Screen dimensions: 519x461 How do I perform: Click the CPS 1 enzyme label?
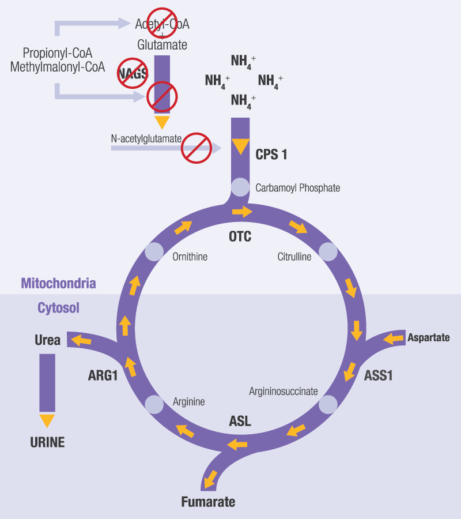coord(271,155)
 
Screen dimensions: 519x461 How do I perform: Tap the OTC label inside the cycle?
coord(240,236)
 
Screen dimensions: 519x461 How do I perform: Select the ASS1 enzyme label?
coord(378,375)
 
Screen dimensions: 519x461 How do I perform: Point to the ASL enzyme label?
coord(240,421)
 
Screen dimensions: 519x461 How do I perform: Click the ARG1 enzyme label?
coord(103,376)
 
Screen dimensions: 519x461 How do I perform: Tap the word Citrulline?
coord(294,257)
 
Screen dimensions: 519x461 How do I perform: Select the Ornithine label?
coord(190,257)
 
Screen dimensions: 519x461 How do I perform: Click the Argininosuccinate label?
coord(284,392)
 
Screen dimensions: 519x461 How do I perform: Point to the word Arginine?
coord(188,401)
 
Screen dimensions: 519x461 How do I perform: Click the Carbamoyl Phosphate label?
coord(297,188)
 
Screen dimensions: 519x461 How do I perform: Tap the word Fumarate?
coord(208,502)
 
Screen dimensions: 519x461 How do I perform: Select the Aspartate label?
coord(428,337)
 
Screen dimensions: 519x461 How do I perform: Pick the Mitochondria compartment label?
coord(58,283)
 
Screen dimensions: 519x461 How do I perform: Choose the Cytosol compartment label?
coord(58,308)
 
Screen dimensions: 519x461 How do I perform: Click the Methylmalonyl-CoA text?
coord(58,67)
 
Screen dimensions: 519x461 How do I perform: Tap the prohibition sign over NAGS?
coord(133,73)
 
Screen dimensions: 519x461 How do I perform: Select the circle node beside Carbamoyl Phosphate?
coord(240,187)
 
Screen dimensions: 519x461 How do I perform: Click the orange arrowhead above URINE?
coord(47,420)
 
